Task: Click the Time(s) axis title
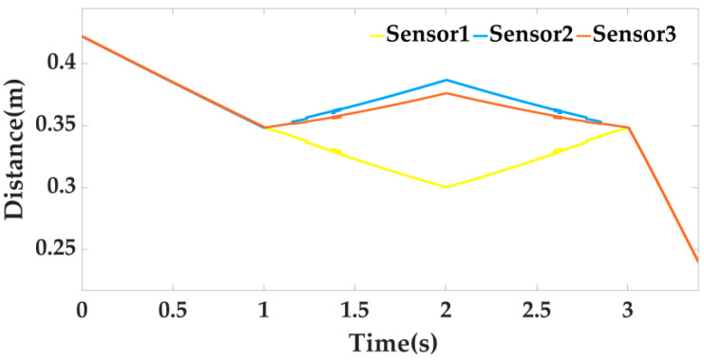[x=392, y=340]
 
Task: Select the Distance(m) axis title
[x=16, y=157]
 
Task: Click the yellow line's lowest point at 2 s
[x=446, y=187]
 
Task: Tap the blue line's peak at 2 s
[x=446, y=80]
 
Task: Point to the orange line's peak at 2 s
[x=446, y=93]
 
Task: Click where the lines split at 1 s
[x=264, y=127]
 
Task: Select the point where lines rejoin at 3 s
[x=627, y=127]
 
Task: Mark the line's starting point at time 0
[x=83, y=36]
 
